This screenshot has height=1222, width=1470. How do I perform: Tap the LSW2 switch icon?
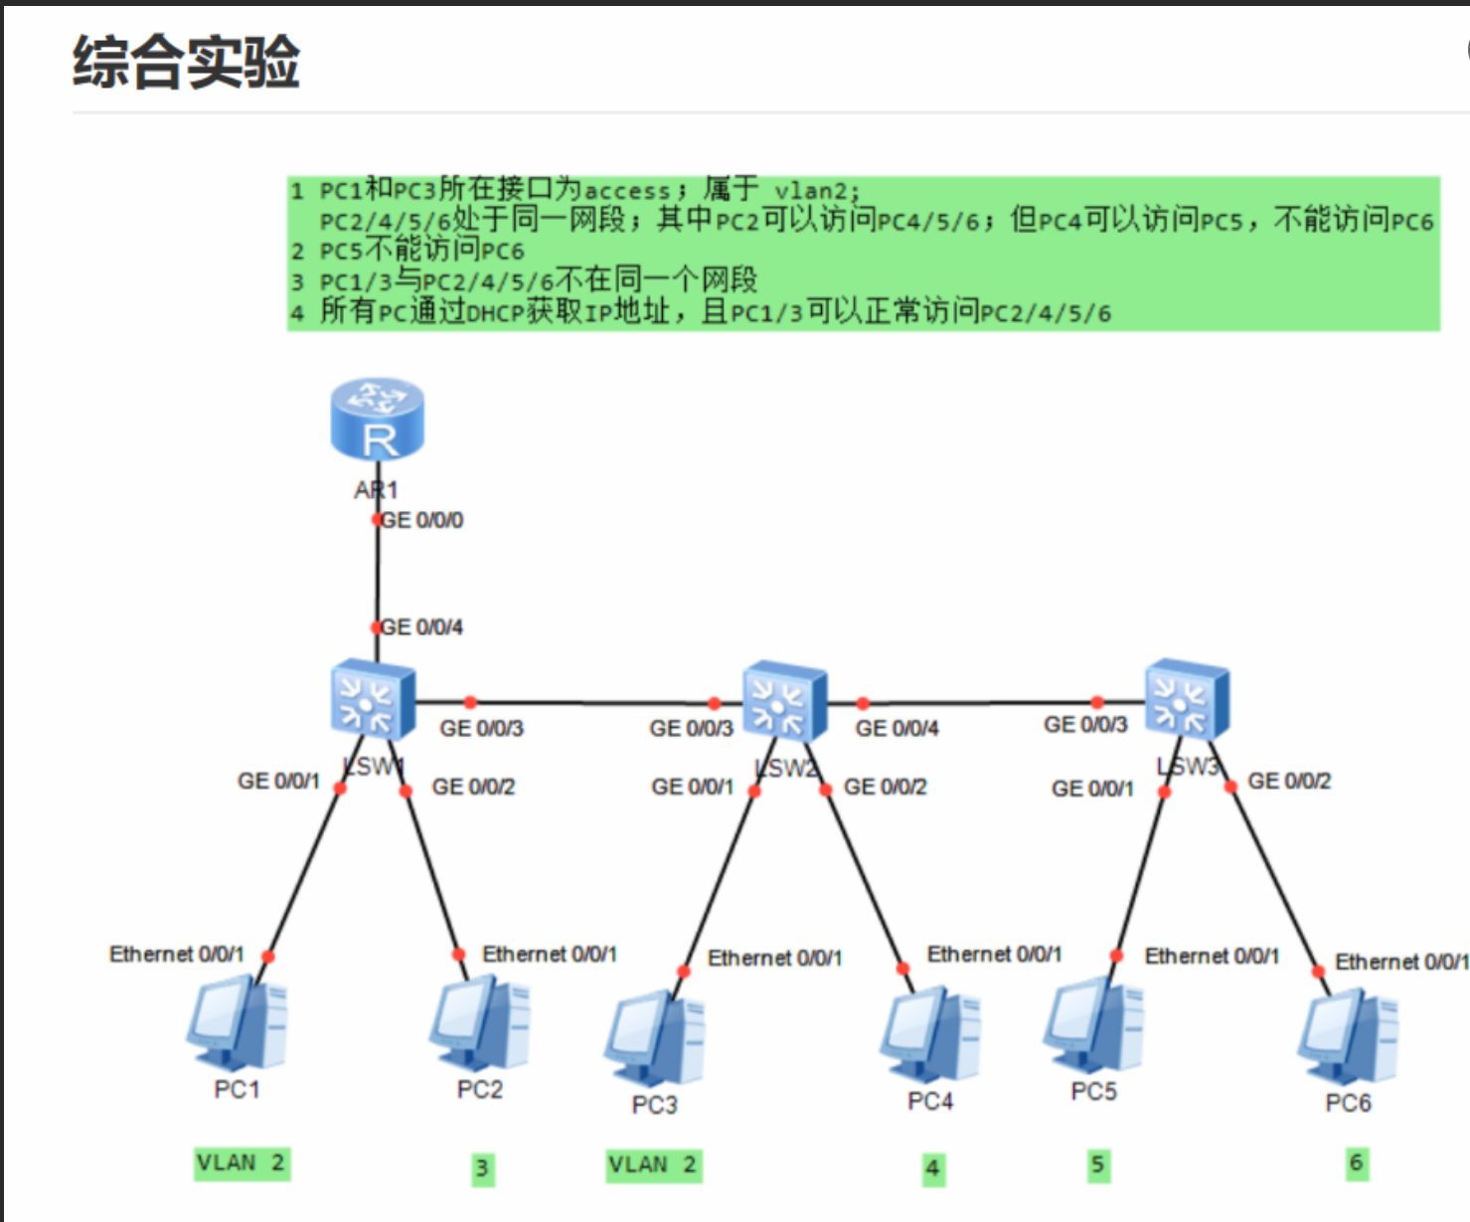pos(785,700)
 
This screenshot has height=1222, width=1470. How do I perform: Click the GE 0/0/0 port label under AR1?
pos(422,520)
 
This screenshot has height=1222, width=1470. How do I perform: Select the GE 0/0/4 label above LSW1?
pos(422,627)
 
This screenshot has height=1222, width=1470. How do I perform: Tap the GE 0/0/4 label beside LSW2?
pos(897,729)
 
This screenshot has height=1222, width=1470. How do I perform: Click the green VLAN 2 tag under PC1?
pos(242,1162)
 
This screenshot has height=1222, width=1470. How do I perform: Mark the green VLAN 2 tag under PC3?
pos(654,1164)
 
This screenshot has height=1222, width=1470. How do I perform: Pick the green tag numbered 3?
pos(482,1168)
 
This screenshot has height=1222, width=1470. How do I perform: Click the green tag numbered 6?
pos(1357,1163)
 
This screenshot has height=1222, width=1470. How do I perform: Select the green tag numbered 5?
pos(1097,1165)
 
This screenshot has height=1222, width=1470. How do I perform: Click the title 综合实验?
pos(186,62)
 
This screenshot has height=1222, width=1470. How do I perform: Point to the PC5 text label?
pos(1093,1092)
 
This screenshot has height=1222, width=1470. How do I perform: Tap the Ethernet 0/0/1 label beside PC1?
pos(177,955)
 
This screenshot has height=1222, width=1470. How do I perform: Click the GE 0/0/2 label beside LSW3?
pos(1289,782)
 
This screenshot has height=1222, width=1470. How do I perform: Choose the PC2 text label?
pos(480,1090)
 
